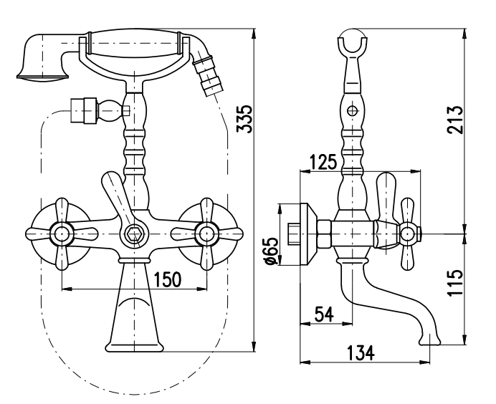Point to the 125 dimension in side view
323,162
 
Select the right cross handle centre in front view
207,233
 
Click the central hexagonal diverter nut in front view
132,234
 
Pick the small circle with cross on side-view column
351,111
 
